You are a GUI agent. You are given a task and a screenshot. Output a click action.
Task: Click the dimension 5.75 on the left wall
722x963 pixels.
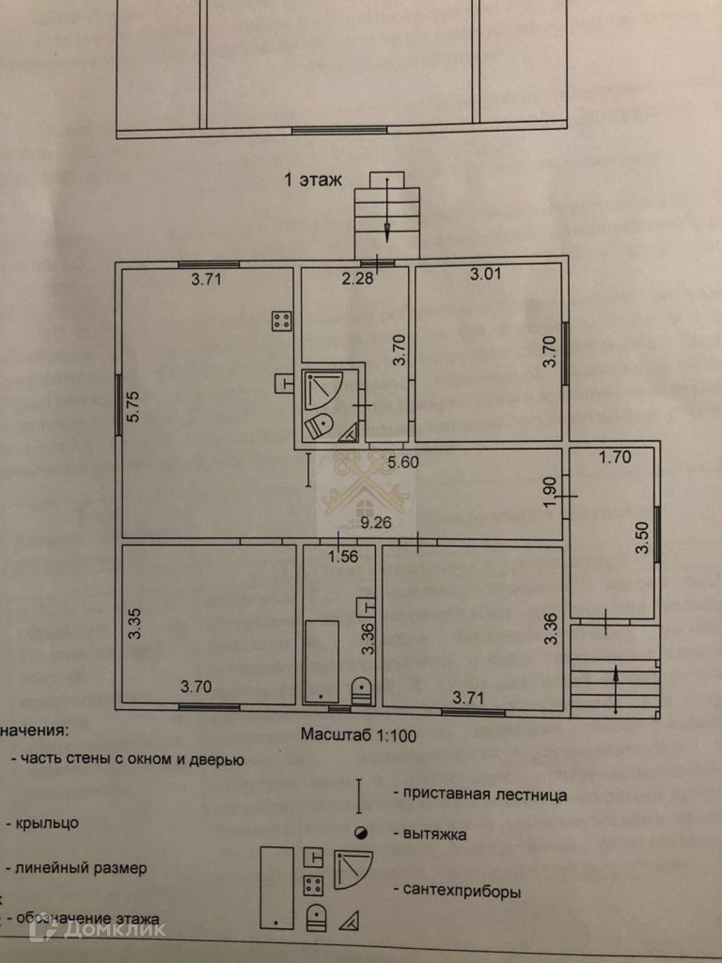pyautogui.click(x=133, y=406)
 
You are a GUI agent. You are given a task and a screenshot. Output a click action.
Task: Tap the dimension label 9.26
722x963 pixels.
pyautogui.click(x=375, y=522)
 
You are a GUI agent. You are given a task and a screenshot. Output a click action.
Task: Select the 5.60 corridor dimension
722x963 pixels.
pyautogui.click(x=403, y=462)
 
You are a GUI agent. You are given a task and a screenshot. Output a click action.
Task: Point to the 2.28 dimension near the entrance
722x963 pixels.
pyautogui.click(x=357, y=279)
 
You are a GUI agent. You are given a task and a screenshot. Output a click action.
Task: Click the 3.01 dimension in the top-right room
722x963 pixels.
pyautogui.click(x=486, y=274)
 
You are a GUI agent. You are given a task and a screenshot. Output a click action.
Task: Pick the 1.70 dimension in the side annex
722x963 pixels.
pyautogui.click(x=615, y=457)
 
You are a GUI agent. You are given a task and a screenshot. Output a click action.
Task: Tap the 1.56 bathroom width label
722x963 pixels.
pyautogui.click(x=343, y=556)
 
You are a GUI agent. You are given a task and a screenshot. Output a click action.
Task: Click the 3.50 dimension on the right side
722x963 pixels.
pyautogui.click(x=643, y=537)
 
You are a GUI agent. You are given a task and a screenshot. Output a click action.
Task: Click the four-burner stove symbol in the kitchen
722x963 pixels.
pyautogui.click(x=282, y=321)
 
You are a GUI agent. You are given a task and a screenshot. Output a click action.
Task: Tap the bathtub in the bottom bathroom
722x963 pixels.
pyautogui.click(x=321, y=661)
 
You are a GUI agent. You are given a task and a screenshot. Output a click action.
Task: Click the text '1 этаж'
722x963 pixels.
pyautogui.click(x=313, y=179)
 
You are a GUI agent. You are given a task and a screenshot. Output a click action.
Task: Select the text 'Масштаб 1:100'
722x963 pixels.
pyautogui.click(x=359, y=735)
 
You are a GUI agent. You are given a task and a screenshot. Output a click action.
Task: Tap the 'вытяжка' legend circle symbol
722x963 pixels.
pyautogui.click(x=362, y=834)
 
